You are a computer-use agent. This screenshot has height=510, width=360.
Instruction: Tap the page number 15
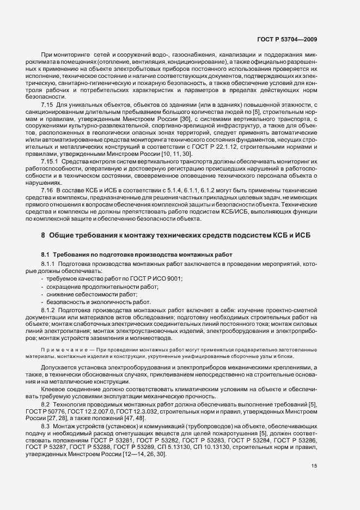coord(314,466)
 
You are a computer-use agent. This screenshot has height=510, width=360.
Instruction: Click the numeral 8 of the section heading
coord(43,235)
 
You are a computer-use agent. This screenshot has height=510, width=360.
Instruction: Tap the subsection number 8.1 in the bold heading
coord(46,254)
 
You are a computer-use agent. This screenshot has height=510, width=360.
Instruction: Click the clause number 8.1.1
coord(51,264)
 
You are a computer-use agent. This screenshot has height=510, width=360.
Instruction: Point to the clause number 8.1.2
coord(51,310)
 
